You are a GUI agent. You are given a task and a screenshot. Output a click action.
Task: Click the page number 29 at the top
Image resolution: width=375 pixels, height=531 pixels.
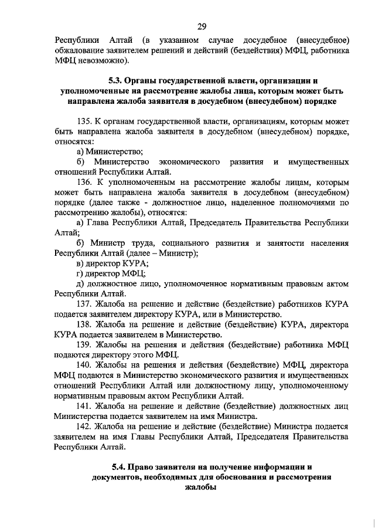point(201,26)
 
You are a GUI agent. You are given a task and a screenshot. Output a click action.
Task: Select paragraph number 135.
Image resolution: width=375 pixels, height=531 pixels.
point(85,121)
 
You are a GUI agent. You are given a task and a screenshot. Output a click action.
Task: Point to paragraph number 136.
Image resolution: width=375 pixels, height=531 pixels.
point(85,182)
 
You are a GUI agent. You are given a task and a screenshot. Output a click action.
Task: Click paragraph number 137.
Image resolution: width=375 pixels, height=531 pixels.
point(85,304)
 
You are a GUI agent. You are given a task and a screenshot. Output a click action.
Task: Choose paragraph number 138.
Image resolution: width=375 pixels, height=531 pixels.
point(85,324)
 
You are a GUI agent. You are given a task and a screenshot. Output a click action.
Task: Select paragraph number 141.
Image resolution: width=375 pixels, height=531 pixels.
point(85,405)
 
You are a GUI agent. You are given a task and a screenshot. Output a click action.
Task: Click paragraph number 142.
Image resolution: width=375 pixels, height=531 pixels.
point(85,426)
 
